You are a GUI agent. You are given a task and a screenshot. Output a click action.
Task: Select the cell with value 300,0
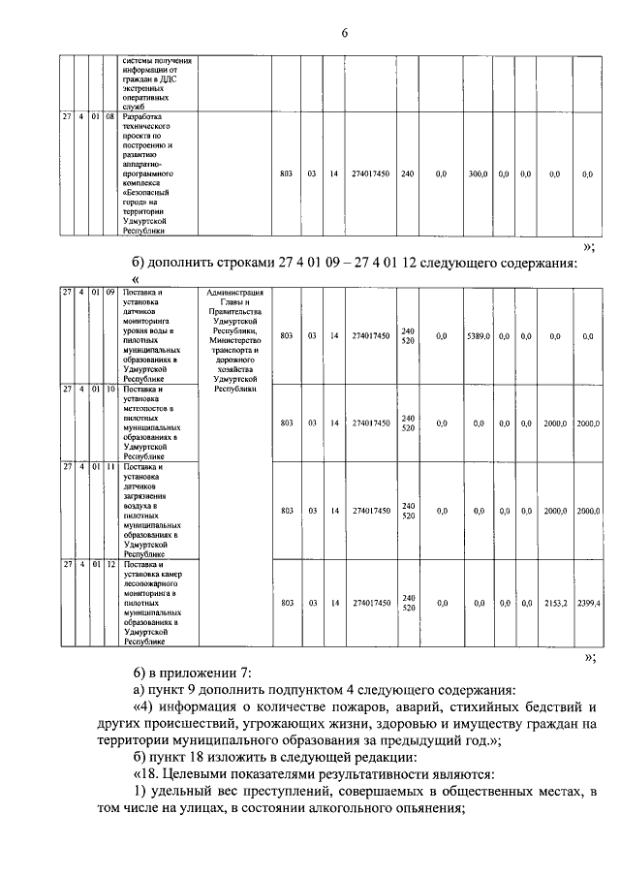pos(477,174)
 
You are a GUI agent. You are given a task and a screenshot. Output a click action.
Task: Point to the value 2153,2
pos(555,603)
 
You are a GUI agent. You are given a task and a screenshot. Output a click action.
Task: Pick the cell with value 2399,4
pos(588,603)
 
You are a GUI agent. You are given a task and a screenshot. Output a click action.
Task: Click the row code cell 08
pos(109,118)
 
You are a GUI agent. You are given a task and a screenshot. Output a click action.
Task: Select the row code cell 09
pos(109,292)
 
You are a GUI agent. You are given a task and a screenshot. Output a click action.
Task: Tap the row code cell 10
pos(109,389)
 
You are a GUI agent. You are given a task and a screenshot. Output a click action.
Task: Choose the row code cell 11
pos(109,467)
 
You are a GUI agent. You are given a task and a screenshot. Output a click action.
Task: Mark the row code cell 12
pos(109,564)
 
